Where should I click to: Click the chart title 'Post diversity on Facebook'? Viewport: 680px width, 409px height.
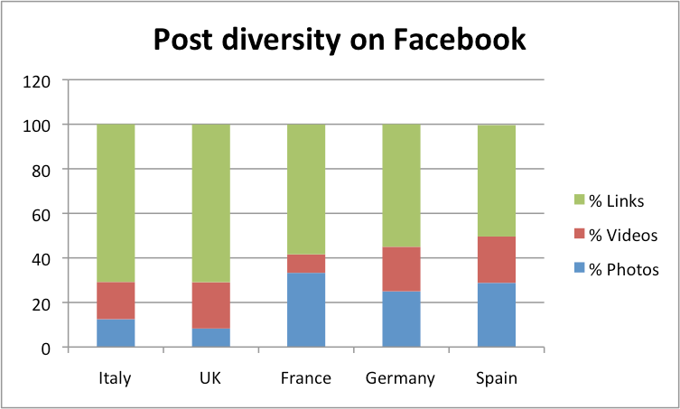tap(339, 40)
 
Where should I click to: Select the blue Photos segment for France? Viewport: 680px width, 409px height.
tap(306, 310)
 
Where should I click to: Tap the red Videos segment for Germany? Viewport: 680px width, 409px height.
tap(401, 269)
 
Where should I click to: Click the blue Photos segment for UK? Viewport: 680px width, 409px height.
tap(211, 338)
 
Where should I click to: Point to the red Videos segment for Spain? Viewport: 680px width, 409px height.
tap(496, 260)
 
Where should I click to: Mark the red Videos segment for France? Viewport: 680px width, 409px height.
tap(306, 264)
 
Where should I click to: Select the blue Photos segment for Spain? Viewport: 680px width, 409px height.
tap(496, 315)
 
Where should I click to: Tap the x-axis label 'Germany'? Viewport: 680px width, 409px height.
tap(401, 378)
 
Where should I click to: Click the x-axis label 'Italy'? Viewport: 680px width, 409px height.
tap(116, 378)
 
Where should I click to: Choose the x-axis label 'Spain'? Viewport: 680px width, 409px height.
tap(496, 378)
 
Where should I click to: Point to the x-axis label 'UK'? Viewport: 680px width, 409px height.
tap(211, 378)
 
